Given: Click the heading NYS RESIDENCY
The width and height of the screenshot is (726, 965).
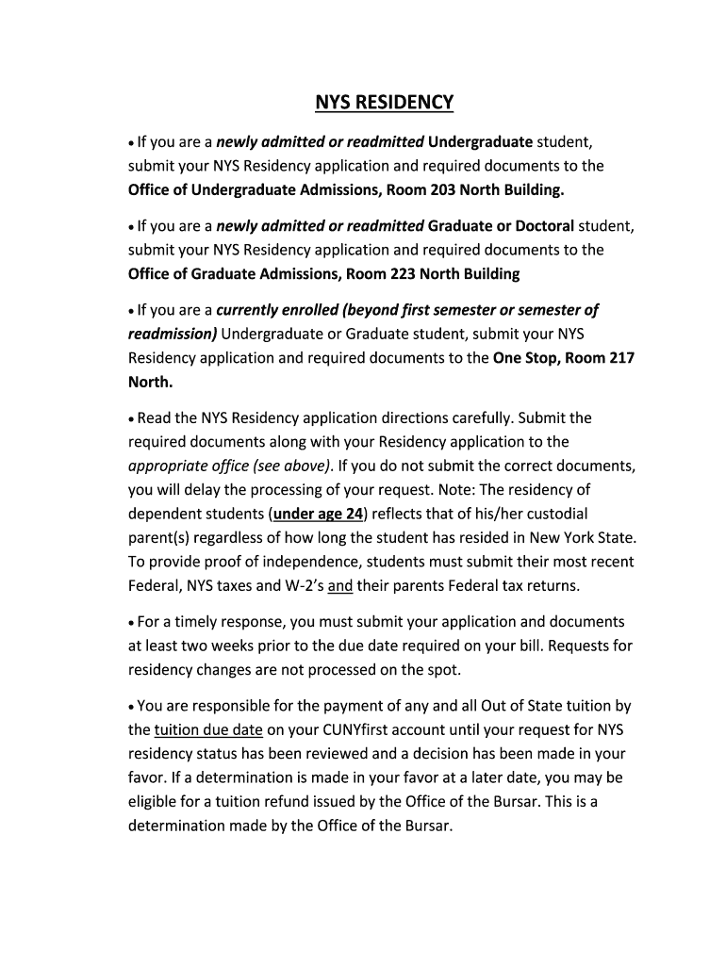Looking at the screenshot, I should tap(384, 102).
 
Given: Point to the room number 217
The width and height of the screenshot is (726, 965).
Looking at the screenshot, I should tap(621, 358).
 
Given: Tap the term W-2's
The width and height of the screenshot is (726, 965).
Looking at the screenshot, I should tap(299, 585).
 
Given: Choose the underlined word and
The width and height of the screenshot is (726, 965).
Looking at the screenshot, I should tap(339, 585).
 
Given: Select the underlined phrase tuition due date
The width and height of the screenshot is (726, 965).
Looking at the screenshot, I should tap(208, 729).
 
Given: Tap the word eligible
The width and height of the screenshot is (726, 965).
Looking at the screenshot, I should tap(156, 802).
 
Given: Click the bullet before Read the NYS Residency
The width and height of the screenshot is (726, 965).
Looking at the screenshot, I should tap(132, 418).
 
